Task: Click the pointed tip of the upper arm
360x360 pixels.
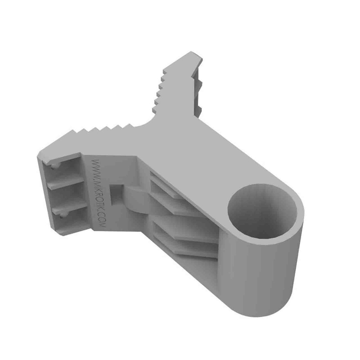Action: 191,52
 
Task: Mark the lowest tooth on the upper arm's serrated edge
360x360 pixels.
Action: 154,109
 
